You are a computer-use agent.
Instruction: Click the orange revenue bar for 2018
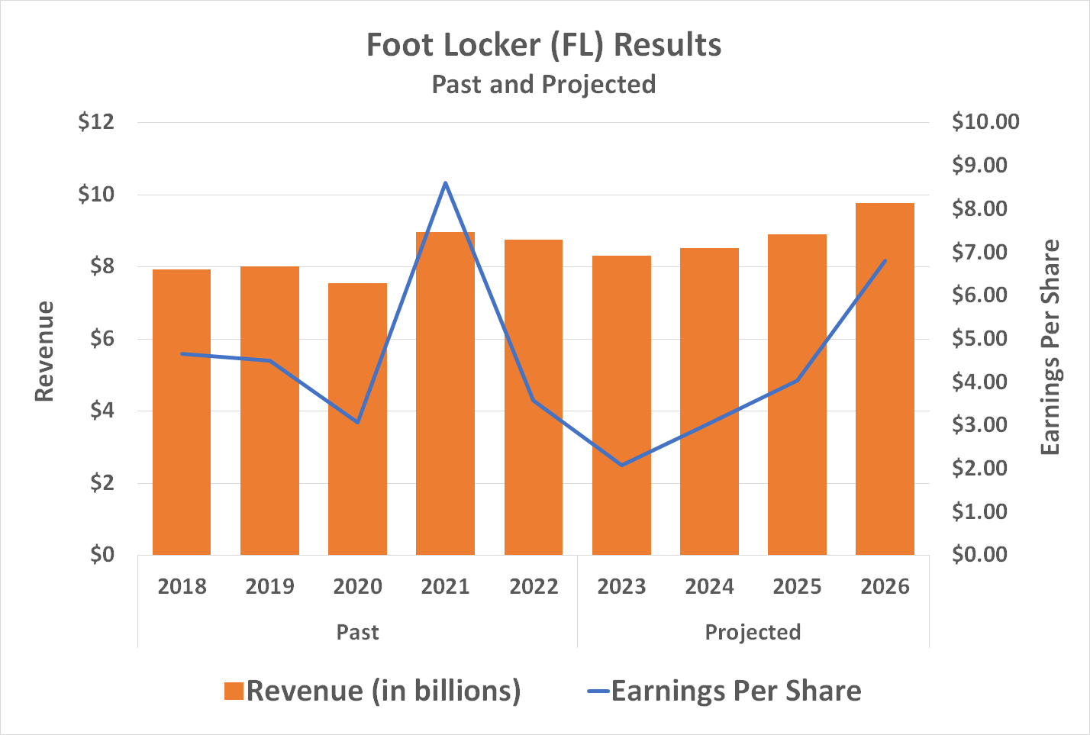pyautogui.click(x=182, y=412)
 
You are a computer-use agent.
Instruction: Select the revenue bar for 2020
pyautogui.click(x=357, y=419)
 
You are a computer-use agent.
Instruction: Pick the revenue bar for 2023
pyautogui.click(x=621, y=405)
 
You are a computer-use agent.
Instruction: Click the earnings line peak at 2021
pyautogui.click(x=446, y=183)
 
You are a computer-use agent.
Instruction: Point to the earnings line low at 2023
pyautogui.click(x=621, y=465)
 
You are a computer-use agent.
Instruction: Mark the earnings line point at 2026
pyautogui.click(x=885, y=261)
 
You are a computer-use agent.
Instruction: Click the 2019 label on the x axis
pyautogui.click(x=269, y=587)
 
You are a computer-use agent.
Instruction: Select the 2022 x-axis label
pyautogui.click(x=534, y=587)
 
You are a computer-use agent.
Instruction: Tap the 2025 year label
pyautogui.click(x=797, y=587)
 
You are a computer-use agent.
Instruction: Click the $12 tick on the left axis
pyautogui.click(x=96, y=122)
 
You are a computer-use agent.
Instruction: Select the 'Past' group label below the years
pyautogui.click(x=357, y=633)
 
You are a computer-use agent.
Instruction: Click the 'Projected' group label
pyautogui.click(x=753, y=633)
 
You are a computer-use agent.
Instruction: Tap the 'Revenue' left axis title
pyautogui.click(x=44, y=351)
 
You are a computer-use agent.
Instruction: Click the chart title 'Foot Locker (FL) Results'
pyautogui.click(x=543, y=45)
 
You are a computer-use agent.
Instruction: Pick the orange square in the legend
pyautogui.click(x=234, y=691)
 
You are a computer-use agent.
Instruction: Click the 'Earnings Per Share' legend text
pyautogui.click(x=736, y=691)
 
